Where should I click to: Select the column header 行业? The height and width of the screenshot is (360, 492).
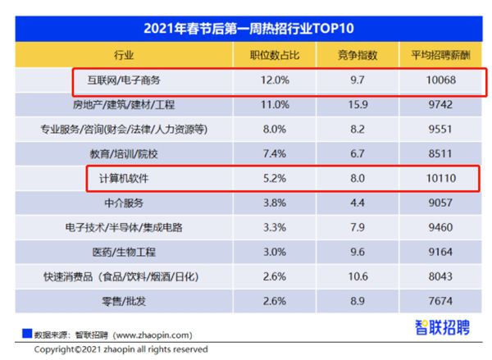point(125,57)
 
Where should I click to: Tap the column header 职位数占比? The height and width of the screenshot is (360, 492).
point(276,57)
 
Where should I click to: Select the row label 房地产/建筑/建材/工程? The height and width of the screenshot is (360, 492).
point(125,106)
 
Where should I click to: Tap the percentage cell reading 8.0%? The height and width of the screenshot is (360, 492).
point(276,130)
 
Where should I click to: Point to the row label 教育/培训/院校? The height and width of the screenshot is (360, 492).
point(125,153)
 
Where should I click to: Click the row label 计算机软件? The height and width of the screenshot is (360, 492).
point(125,178)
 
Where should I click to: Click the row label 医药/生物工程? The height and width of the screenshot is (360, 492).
point(125,251)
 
